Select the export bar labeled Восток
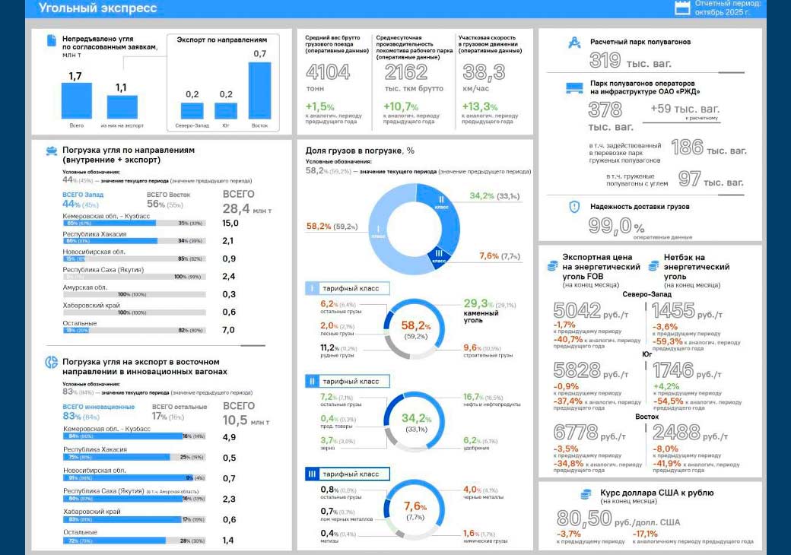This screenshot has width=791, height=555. [259, 90]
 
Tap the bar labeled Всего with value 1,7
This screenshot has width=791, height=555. [76, 100]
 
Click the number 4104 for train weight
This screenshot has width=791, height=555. [328, 72]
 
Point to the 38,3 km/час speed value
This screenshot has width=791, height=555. [484, 72]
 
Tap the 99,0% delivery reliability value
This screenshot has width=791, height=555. [617, 226]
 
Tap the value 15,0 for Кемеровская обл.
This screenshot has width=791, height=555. [230, 223]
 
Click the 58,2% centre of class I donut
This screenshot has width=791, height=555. [416, 327]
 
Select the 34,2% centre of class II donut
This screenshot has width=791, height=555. [416, 418]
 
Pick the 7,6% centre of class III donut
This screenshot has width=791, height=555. [415, 507]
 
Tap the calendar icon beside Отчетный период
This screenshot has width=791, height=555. [682, 8]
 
